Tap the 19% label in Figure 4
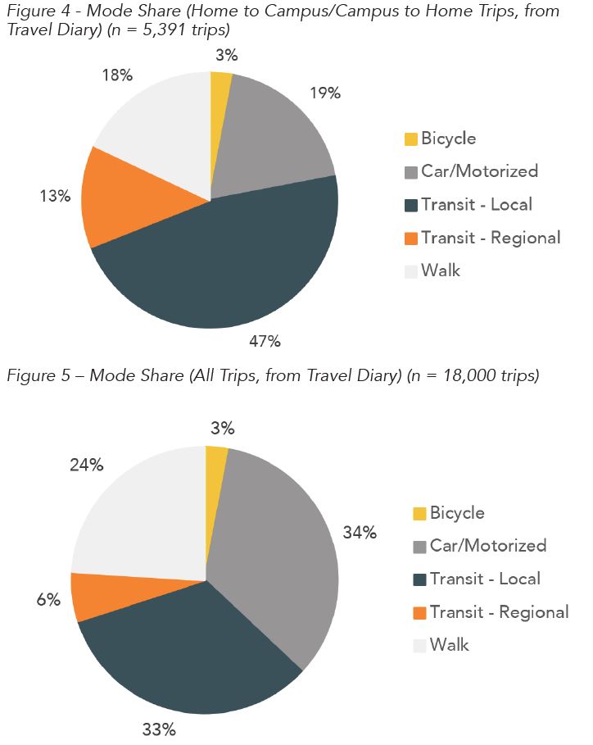[325, 93]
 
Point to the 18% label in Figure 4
[117, 75]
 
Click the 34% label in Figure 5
[360, 533]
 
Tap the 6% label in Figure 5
[48, 600]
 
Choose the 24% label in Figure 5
[86, 466]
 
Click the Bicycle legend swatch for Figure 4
[410, 139]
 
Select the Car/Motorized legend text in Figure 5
[487, 546]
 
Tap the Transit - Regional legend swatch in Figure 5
[419, 613]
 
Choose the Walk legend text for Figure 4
[441, 270]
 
